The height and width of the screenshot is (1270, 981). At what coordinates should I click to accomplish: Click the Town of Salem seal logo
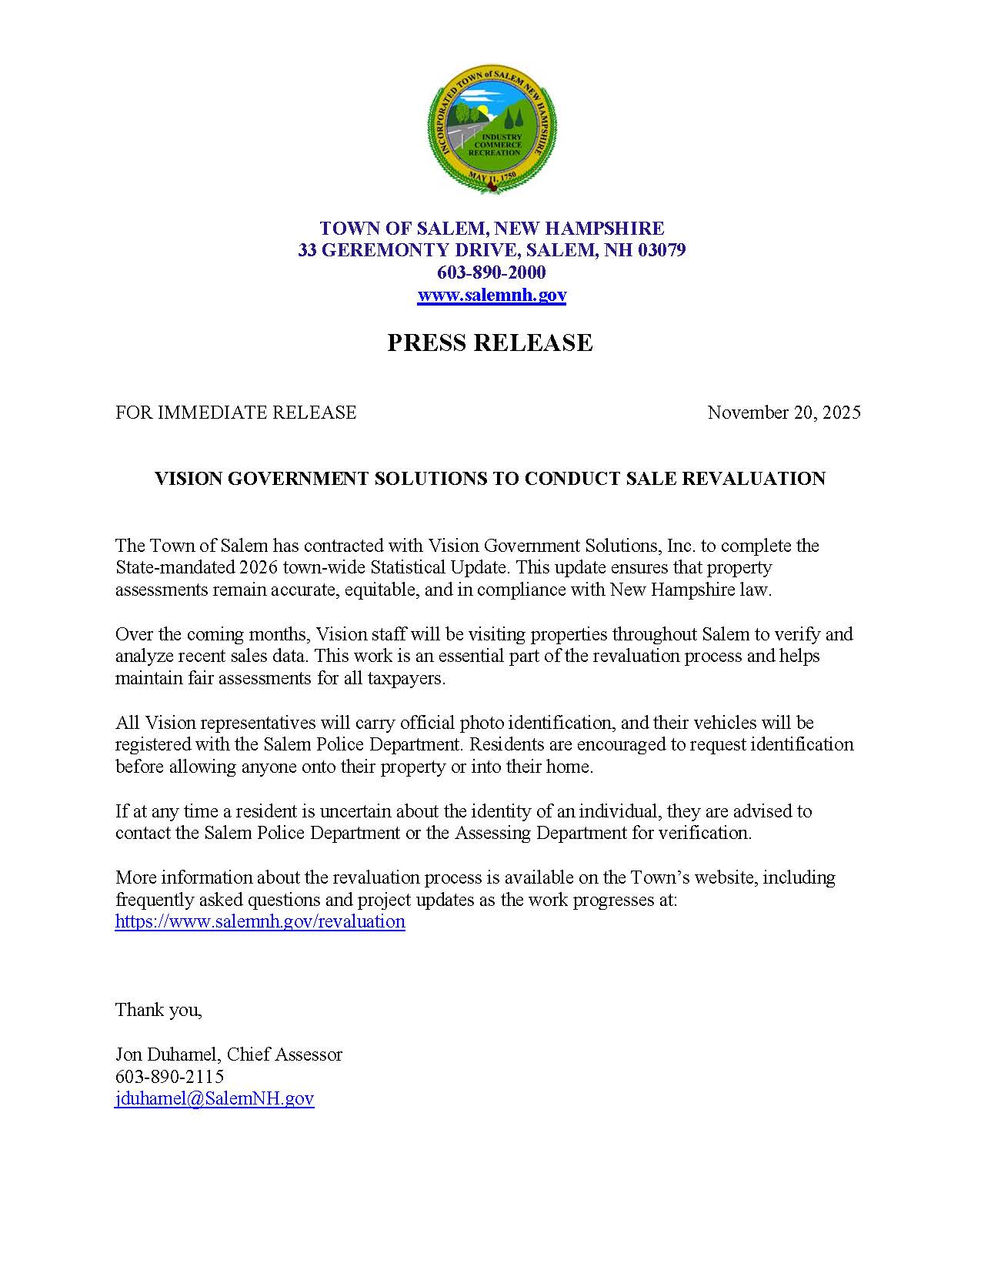click(492, 129)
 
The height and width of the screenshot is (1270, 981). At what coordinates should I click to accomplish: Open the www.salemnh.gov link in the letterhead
click(492, 295)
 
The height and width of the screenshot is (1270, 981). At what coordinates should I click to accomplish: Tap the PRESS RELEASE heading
click(490, 343)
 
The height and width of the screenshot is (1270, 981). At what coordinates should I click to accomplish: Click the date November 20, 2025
click(784, 413)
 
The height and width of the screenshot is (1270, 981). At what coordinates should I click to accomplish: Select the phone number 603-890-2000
click(492, 272)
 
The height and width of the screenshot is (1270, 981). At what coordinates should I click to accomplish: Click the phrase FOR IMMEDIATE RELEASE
click(235, 413)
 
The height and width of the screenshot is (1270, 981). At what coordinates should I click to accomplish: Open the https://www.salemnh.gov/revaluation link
click(260, 921)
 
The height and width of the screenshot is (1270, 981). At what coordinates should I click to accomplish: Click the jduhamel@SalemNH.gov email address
click(215, 1098)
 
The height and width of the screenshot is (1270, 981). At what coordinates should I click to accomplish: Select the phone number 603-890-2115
click(170, 1076)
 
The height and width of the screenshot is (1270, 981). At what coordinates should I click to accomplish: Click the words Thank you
click(158, 1010)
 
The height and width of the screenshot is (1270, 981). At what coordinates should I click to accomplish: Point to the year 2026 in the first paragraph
click(258, 568)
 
